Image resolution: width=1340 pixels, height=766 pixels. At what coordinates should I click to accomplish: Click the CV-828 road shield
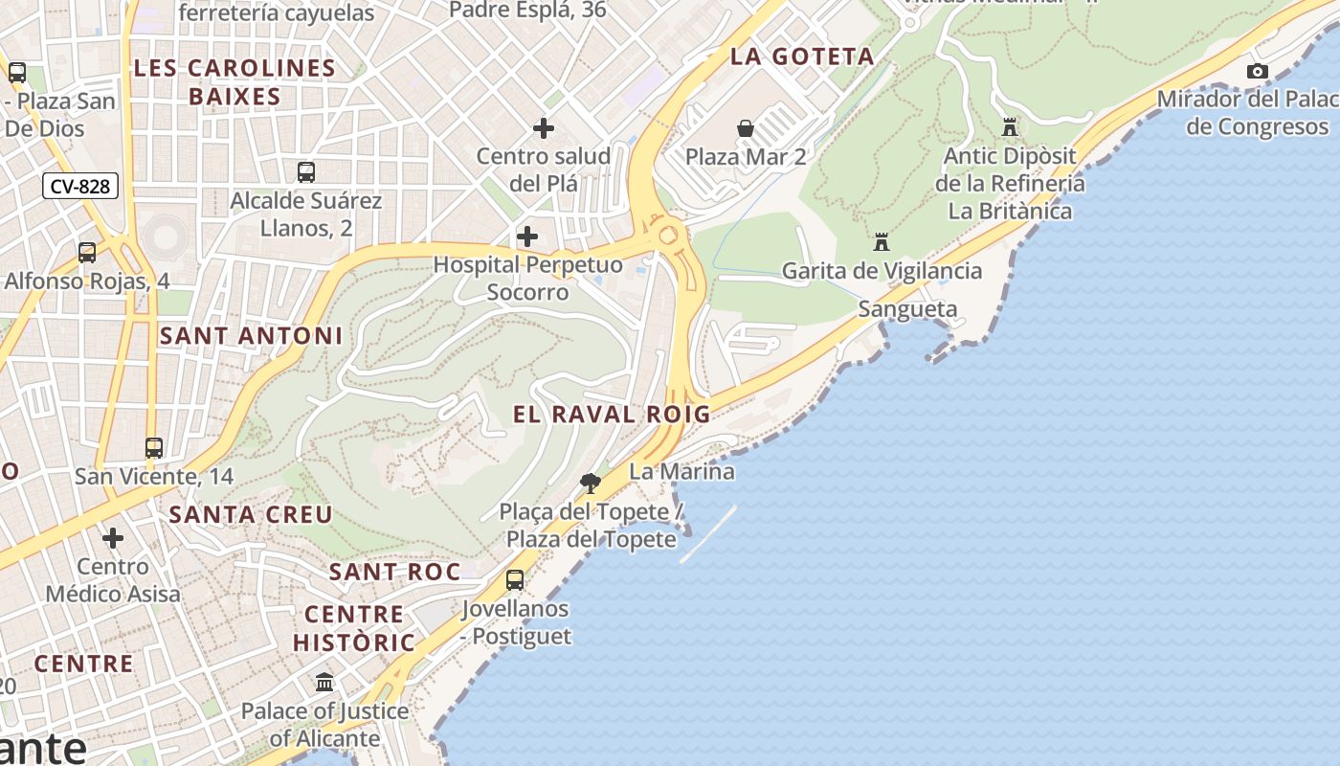pos(80,186)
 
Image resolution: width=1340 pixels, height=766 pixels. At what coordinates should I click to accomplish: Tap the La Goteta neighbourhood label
pos(802,56)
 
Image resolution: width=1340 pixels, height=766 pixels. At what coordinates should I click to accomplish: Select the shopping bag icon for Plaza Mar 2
pos(746,128)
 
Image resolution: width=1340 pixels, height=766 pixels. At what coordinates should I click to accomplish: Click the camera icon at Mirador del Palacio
pos(1258,71)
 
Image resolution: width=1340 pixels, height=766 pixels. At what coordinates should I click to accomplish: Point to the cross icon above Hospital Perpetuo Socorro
pos(527,237)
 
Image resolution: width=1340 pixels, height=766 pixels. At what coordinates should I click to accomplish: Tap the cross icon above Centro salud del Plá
pos(544,128)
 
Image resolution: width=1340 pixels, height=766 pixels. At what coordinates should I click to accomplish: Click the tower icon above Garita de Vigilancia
pos(881,242)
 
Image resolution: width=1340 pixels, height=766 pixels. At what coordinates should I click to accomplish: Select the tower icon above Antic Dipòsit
pos(1009,126)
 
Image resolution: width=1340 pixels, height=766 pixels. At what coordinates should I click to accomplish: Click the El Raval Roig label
pos(612,415)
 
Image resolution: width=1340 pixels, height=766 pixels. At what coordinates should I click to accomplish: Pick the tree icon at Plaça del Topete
pos(591,484)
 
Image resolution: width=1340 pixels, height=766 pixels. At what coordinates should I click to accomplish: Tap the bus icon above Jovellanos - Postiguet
pos(515,580)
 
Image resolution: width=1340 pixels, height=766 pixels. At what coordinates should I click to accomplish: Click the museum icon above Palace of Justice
pos(324,683)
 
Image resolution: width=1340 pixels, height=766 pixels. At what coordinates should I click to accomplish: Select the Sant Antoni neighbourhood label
pos(251,336)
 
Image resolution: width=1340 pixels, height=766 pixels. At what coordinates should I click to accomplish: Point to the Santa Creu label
pos(251,514)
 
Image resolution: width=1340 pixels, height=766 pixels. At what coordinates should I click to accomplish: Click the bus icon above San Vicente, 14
pos(154,447)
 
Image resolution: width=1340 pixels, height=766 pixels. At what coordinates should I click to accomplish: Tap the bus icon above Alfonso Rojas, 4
pos(87,253)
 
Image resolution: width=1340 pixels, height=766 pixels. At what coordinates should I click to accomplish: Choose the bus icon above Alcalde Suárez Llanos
pos(306,172)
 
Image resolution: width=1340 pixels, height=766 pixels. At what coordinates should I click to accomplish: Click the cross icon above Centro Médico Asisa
pos(113,538)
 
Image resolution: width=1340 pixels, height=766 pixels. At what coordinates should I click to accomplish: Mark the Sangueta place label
pos(907,308)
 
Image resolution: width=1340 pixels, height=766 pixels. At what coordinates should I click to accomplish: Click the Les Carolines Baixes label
pos(234,82)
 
